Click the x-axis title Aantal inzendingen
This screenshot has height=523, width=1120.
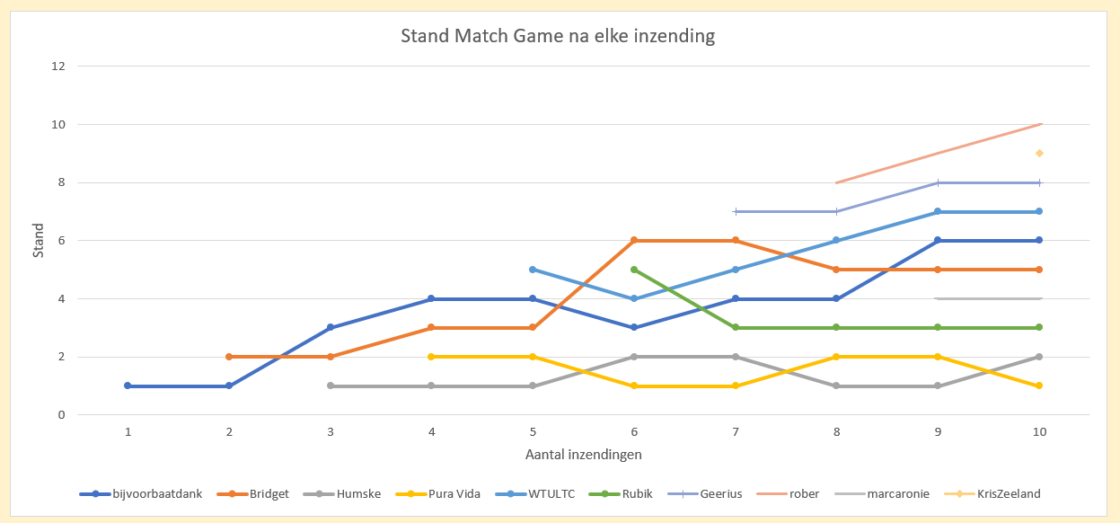pyautogui.click(x=583, y=455)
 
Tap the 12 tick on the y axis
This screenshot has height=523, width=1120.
pyautogui.click(x=59, y=66)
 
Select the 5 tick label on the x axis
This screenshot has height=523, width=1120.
pyautogui.click(x=533, y=432)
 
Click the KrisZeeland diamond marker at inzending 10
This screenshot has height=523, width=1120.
pyautogui.click(x=1039, y=154)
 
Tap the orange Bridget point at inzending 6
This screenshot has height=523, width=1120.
pyautogui.click(x=634, y=240)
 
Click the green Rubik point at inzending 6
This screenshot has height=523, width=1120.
pyautogui.click(x=634, y=270)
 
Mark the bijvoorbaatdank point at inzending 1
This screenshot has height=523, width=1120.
pyautogui.click(x=128, y=386)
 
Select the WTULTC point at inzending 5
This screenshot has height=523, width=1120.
pyautogui.click(x=533, y=270)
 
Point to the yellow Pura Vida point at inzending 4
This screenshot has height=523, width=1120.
pyautogui.click(x=432, y=357)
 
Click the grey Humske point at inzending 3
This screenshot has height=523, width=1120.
pyautogui.click(x=331, y=386)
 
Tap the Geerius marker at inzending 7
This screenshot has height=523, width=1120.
pyautogui.click(x=736, y=211)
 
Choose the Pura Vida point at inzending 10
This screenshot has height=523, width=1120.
pyautogui.click(x=1039, y=386)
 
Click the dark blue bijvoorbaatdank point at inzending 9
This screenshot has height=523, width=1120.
pyautogui.click(x=938, y=240)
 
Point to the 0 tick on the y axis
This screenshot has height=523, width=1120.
pyautogui.click(x=62, y=415)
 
